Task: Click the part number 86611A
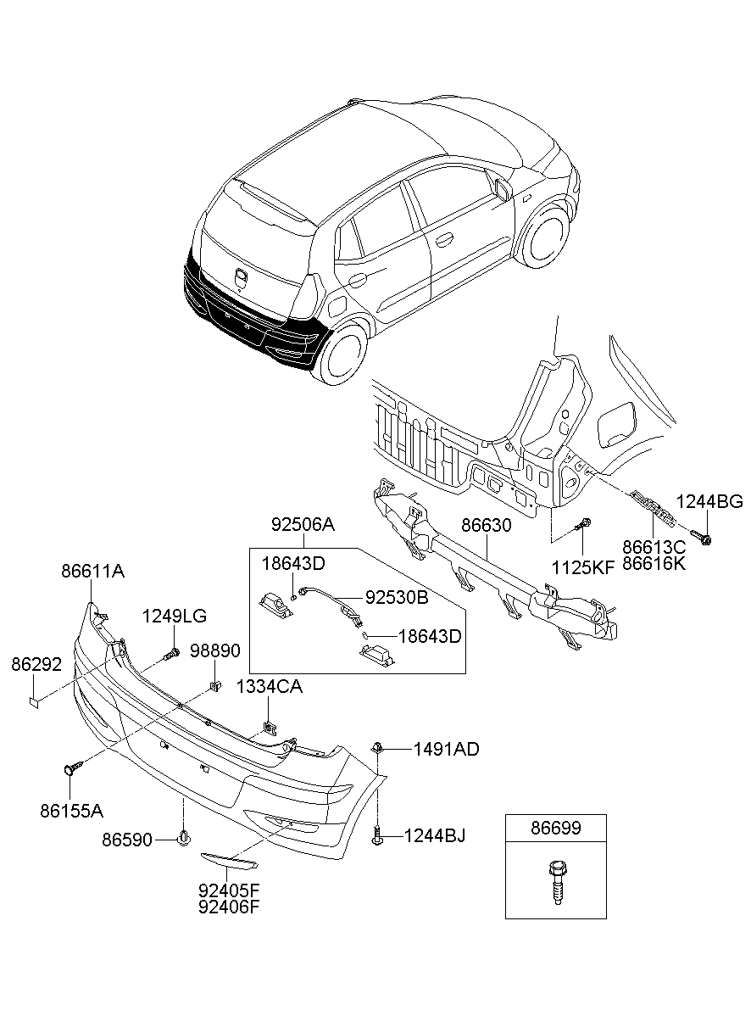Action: tap(92, 572)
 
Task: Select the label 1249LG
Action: tap(174, 616)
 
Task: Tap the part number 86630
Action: tap(487, 526)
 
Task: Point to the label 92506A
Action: tap(303, 526)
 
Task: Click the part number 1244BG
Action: tap(709, 501)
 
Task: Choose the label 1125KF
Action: tap(582, 567)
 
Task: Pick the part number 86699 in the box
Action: tap(556, 828)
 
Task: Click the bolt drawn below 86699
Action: tap(556, 882)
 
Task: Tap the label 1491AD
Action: tap(446, 749)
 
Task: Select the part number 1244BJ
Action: tap(434, 837)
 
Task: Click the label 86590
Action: tap(127, 840)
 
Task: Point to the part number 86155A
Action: tap(71, 811)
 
